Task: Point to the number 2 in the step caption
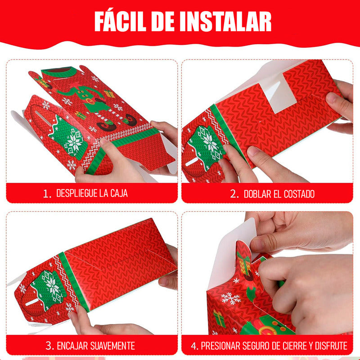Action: [234, 194]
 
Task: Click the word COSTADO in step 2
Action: [299, 194]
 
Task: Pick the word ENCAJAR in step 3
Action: [72, 346]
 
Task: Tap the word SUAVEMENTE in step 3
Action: [112, 346]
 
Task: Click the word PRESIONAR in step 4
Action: [220, 346]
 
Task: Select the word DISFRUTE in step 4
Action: [331, 346]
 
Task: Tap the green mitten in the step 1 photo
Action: [68, 138]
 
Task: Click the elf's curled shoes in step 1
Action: [117, 124]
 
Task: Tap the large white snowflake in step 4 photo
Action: [231, 298]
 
